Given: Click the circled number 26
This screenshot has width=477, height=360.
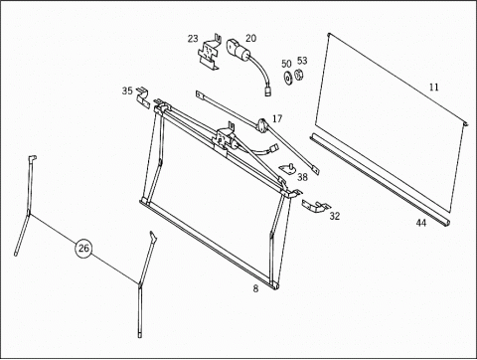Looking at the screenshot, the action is coord(83,248).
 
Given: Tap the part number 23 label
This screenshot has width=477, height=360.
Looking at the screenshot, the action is coord(193,39).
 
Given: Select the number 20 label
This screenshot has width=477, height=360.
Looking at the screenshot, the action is coord(250,38).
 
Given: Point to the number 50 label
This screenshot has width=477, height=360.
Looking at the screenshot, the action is coord(286,64).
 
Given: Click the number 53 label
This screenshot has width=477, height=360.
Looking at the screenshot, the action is coord(302,61).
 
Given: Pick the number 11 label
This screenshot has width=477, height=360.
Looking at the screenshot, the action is coord(433,88).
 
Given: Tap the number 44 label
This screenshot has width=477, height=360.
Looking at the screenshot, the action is coord(421,223).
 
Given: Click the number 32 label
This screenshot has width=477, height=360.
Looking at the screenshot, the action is coord(335,216).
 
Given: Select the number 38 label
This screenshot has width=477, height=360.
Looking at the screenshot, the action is coord(302,177).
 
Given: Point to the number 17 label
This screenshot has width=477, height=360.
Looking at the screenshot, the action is coord(277,118).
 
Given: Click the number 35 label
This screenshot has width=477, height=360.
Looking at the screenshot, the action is coord(127,90).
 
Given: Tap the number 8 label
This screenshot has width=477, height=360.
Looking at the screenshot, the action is coord(255,288).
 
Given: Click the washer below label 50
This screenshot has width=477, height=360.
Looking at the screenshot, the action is coord(287,78).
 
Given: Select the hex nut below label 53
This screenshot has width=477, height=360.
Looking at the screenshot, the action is coord(299,75).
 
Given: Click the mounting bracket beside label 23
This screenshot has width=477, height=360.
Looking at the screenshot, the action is coord(210,52).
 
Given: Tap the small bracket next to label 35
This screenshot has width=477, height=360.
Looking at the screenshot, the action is coord(143,97).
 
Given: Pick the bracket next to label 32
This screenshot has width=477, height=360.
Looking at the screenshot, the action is coord(316,206).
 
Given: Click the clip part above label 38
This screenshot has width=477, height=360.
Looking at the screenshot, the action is coord(288,169).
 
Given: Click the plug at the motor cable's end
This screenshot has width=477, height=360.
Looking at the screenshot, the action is coord(267,90).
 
